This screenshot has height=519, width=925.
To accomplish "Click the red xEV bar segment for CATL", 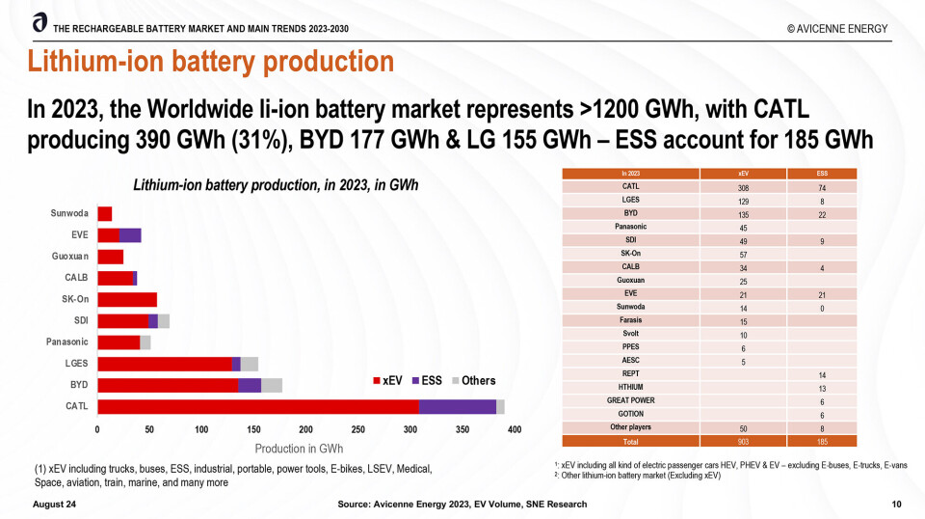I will click(x=258, y=406).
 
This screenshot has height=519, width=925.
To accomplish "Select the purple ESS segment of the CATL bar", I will click(x=458, y=406).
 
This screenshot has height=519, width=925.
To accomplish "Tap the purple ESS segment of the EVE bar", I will click(x=130, y=234).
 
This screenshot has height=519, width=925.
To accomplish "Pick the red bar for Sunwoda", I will click(x=105, y=213).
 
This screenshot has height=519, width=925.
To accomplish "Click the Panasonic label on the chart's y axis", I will click(x=67, y=341).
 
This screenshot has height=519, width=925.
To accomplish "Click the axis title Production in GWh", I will click(x=299, y=449).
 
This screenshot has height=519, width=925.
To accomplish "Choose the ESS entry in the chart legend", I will click(x=426, y=381).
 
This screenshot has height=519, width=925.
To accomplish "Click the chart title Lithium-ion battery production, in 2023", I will click(x=276, y=184).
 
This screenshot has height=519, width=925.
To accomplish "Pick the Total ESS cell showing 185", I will click(x=822, y=440).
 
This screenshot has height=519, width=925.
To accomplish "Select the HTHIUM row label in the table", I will click(x=631, y=387).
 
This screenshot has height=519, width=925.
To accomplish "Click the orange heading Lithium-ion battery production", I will click(x=210, y=62).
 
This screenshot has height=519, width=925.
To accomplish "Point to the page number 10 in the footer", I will click(x=897, y=505).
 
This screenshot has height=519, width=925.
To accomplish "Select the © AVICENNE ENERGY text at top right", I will click(x=835, y=29).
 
